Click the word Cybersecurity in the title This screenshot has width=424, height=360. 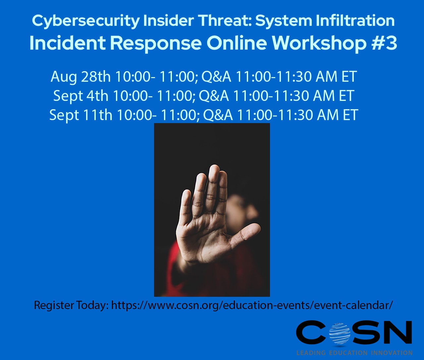pyautogui.click(x=86, y=21)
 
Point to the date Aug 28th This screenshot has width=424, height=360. pyautogui.click(x=80, y=77)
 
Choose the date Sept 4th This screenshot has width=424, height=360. pyautogui.click(x=80, y=96)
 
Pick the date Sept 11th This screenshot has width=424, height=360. pyautogui.click(x=80, y=115)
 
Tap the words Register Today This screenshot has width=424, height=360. pyautogui.click(x=71, y=305)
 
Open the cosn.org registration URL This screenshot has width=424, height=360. pyautogui.click(x=252, y=305)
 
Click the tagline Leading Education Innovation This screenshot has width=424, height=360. pyautogui.click(x=354, y=353)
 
